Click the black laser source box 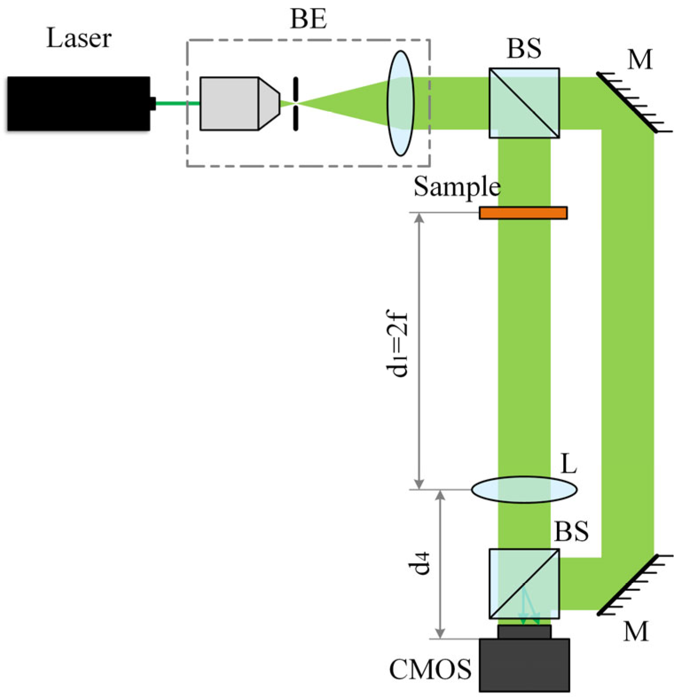coord(79,104)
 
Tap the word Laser coord(79,38)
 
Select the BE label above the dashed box coord(308,20)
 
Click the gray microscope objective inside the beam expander coord(235,104)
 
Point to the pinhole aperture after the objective coord(296,104)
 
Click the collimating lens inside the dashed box coord(400,103)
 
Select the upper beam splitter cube coord(524,103)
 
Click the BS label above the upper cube coord(524,49)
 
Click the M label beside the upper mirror coord(640,59)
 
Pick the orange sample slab coord(523,213)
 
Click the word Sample coord(457,187)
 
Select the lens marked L coord(524,490)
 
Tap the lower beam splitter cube coord(524,584)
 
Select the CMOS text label coord(430,669)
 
